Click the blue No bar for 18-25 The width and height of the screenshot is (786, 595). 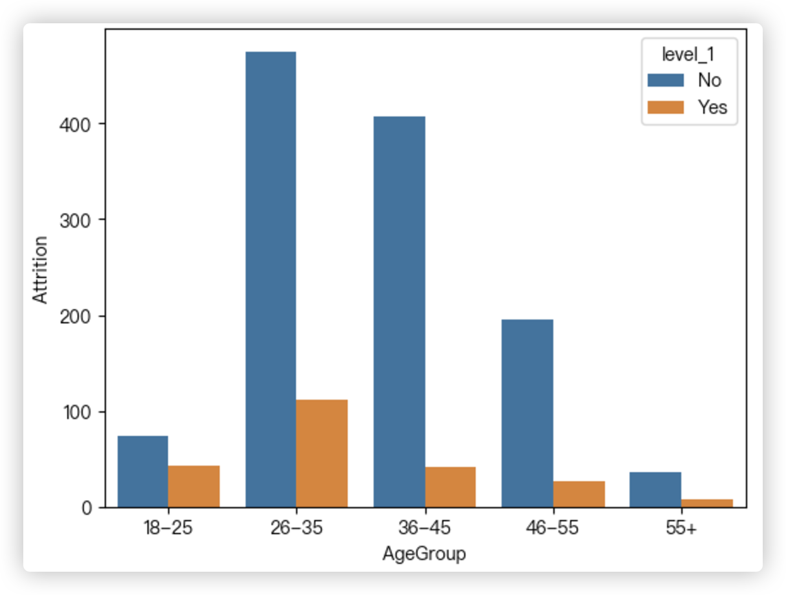click(x=142, y=471)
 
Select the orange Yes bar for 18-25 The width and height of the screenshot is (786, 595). click(x=194, y=486)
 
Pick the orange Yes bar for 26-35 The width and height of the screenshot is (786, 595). click(x=322, y=453)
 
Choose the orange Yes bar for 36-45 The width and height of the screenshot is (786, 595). click(x=450, y=487)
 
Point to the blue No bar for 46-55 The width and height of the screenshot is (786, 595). click(x=527, y=413)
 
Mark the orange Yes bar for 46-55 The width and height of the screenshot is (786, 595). click(x=579, y=494)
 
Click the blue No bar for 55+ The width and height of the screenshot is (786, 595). click(x=655, y=490)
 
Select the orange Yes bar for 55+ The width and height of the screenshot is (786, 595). click(x=706, y=503)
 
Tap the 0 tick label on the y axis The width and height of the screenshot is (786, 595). click(x=86, y=508)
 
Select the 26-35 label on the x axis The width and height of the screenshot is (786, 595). click(x=296, y=528)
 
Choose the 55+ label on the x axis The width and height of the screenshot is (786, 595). click(x=681, y=528)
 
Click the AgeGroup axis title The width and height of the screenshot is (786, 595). click(x=424, y=554)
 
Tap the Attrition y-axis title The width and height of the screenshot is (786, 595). click(x=41, y=269)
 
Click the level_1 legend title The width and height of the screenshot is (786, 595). click(x=688, y=56)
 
